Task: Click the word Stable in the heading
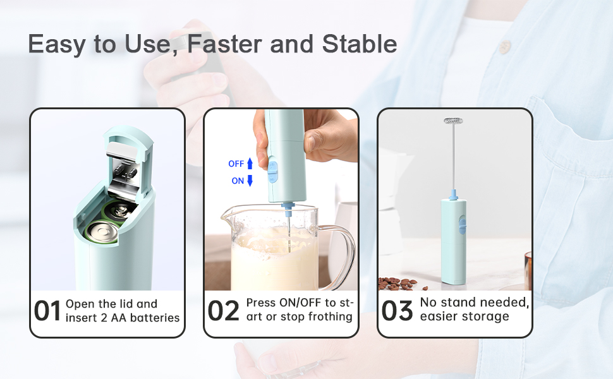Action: click(360, 44)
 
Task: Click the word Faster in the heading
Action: click(224, 44)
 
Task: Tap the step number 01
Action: click(47, 311)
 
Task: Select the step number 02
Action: click(223, 311)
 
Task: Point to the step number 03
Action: click(397, 311)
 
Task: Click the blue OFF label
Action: click(236, 164)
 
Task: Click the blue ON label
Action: click(238, 181)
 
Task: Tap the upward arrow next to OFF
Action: click(250, 164)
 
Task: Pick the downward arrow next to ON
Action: click(250, 181)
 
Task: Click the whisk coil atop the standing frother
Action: click(454, 121)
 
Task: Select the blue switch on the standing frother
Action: click(462, 225)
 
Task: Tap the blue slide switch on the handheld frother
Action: click(272, 172)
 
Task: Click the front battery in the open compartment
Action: click(102, 233)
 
